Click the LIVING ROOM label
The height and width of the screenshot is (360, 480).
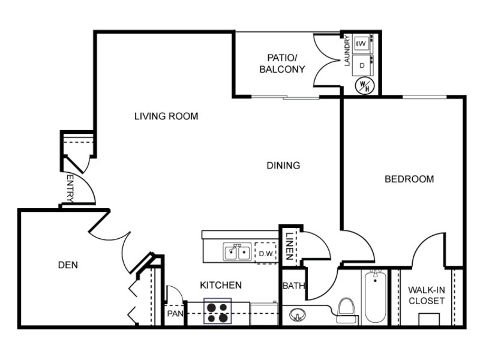[x=166, y=116]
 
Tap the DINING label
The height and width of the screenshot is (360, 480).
[x=283, y=166]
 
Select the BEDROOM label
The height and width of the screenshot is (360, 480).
[x=409, y=179]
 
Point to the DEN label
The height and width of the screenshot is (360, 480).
[x=68, y=265]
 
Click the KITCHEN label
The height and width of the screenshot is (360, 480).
[x=221, y=286]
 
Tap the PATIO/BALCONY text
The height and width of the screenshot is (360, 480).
[x=282, y=64]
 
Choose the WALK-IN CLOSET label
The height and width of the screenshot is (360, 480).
[x=427, y=295]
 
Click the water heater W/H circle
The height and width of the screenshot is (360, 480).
[x=365, y=85]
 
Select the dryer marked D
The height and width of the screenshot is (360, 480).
[x=362, y=65]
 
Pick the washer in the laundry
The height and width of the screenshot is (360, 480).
[x=362, y=44]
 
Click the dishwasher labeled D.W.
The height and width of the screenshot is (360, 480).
[x=266, y=253]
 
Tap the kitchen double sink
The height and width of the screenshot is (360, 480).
[x=237, y=252]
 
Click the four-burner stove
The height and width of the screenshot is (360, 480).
[x=218, y=311]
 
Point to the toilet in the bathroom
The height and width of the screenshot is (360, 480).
[x=347, y=310]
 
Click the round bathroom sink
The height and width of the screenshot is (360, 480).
[x=298, y=314]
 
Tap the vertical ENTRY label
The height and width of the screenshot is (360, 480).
[x=70, y=188]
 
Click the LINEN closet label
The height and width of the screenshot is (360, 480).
[x=290, y=247]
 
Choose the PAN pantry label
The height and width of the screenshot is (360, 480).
[x=175, y=314]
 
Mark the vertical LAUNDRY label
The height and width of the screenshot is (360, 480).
[x=347, y=51]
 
